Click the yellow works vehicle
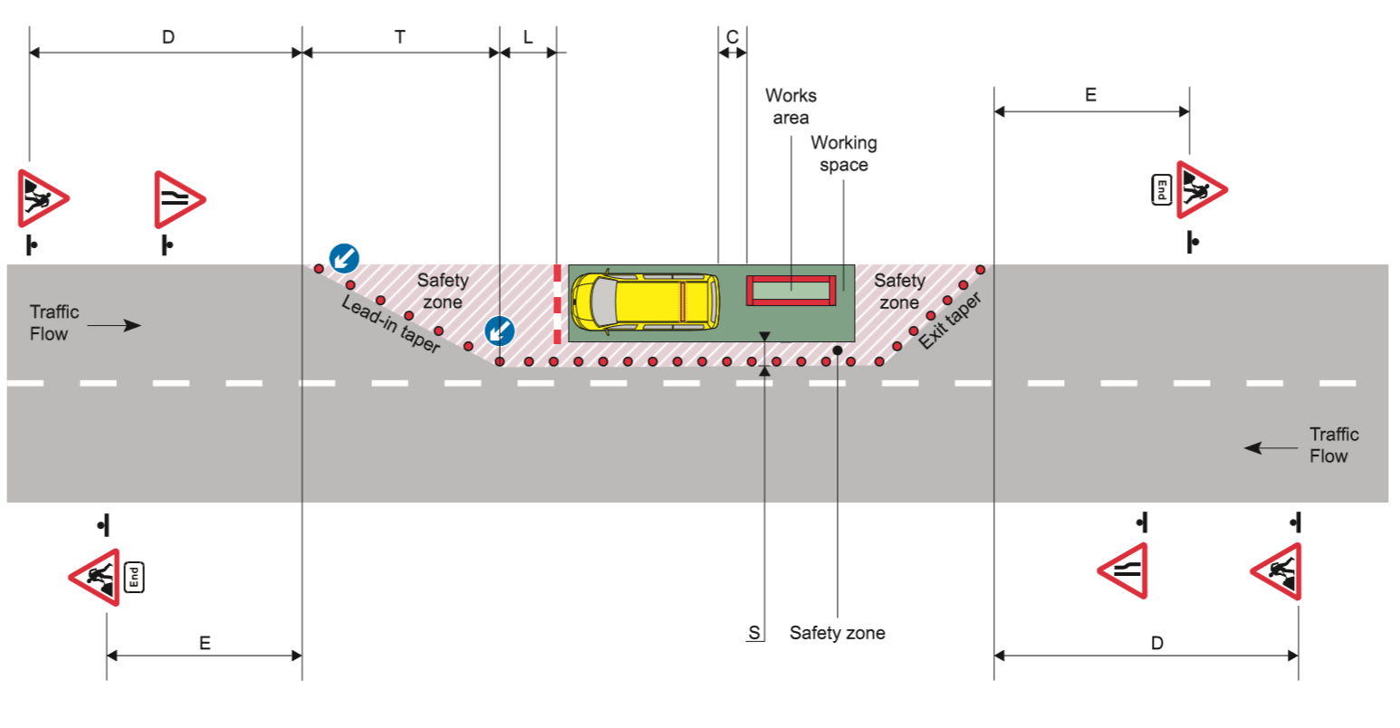pos(645,301)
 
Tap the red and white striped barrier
pos(557,305)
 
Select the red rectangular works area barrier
pos(791,291)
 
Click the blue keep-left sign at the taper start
pos(344,258)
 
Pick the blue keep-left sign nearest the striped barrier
pos(499,331)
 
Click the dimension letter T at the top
pos(399,37)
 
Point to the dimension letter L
pos(528,37)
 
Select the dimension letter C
pos(733,37)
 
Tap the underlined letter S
pos(753,633)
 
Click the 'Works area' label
pos(791,107)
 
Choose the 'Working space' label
pos(843,154)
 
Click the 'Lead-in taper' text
pos(390,323)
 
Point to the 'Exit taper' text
pos(950,321)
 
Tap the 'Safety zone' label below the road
pos(837,633)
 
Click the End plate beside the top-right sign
pos(1162,190)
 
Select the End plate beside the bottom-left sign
pos(134,577)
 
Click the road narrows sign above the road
pos(179,199)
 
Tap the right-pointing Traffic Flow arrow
pos(126,325)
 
